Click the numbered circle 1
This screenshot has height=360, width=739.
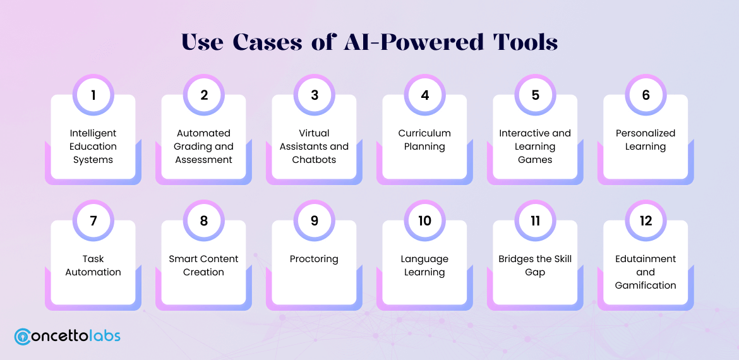[93, 95]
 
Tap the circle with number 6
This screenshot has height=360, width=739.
[646, 95]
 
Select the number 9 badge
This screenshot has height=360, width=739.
[315, 220]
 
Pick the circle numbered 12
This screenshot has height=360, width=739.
[646, 220]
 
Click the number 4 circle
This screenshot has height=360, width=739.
[424, 95]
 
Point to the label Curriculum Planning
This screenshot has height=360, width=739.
[424, 140]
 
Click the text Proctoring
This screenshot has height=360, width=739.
[315, 259]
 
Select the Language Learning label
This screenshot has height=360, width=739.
[424, 266]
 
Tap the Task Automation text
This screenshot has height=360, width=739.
[93, 266]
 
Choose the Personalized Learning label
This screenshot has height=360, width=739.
[646, 140]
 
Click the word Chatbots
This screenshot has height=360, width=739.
[315, 160]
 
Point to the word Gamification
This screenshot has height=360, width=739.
[646, 285]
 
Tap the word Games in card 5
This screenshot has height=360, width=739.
[535, 160]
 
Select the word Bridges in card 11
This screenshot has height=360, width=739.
[517, 259]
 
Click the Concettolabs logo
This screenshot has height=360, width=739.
[68, 336]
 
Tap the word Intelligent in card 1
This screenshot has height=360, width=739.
[93, 133]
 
